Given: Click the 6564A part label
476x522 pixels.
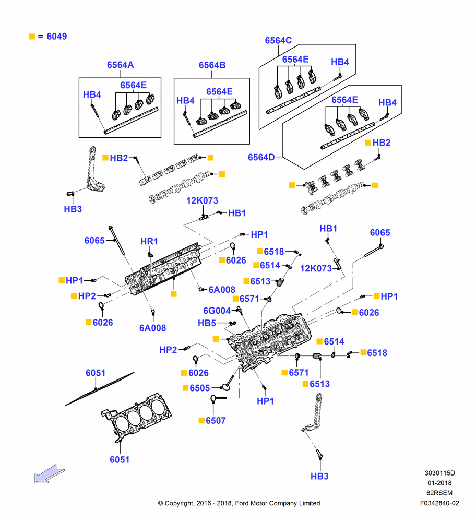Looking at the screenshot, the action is click(120, 65).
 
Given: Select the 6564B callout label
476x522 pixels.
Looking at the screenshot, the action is click(212, 65).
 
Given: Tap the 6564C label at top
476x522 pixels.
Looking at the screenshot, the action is click(278, 41).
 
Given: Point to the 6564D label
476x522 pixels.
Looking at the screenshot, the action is click(261, 157).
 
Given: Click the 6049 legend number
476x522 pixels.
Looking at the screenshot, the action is click(56, 37).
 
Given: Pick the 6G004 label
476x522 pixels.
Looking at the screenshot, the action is click(217, 311).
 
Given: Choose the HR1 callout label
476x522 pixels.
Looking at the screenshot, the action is click(149, 241).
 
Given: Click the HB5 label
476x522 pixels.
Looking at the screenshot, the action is click(207, 323).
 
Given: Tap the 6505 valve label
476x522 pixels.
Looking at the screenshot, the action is click(200, 388).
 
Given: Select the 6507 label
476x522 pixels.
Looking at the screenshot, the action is click(216, 421).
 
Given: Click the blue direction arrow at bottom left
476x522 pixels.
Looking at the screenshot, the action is click(49, 474).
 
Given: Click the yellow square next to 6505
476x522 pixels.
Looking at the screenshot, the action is click(185, 388).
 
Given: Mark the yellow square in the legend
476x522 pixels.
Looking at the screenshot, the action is click(32, 37).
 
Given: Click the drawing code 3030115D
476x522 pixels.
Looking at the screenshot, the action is click(439, 473).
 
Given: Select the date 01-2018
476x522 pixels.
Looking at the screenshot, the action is click(439, 483).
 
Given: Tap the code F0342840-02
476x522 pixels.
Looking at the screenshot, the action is click(439, 503).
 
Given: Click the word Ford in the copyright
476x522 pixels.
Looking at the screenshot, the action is click(242, 503).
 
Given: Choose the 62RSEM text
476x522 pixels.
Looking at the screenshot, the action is click(439, 493).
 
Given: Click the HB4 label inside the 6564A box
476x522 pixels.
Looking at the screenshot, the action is click(92, 94).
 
